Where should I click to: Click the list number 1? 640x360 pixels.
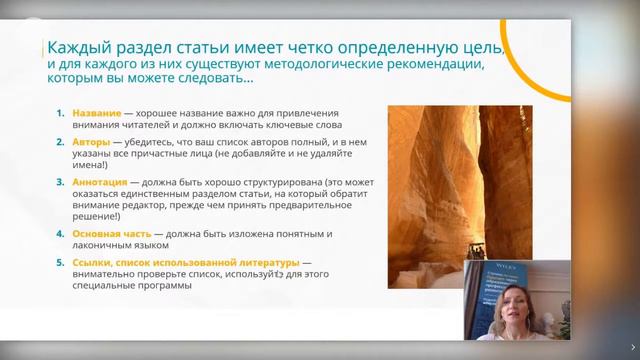60,115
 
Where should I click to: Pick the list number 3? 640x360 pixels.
60,183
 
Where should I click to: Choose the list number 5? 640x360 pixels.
60,262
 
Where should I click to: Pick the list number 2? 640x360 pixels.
60,143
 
